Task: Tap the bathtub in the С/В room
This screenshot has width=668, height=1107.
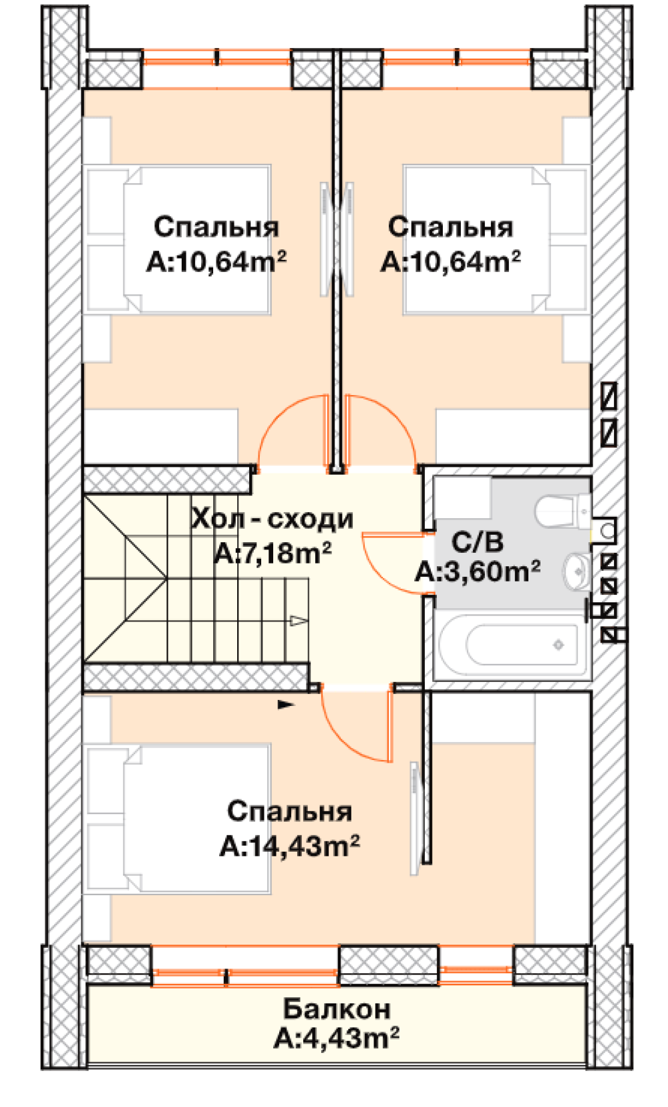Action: [x=513, y=645]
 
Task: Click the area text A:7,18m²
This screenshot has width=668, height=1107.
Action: [x=273, y=553]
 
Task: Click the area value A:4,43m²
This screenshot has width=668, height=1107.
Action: [x=336, y=1038]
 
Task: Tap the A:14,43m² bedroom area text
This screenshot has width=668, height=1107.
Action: [x=289, y=846]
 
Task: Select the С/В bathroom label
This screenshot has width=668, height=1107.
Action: [x=477, y=542]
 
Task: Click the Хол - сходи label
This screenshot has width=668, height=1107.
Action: [x=272, y=519]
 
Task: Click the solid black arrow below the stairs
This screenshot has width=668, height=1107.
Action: [x=286, y=704]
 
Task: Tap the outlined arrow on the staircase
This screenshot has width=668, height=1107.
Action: [x=299, y=620]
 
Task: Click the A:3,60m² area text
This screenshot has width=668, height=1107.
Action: [x=477, y=572]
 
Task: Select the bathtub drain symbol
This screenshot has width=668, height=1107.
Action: [x=558, y=644]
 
